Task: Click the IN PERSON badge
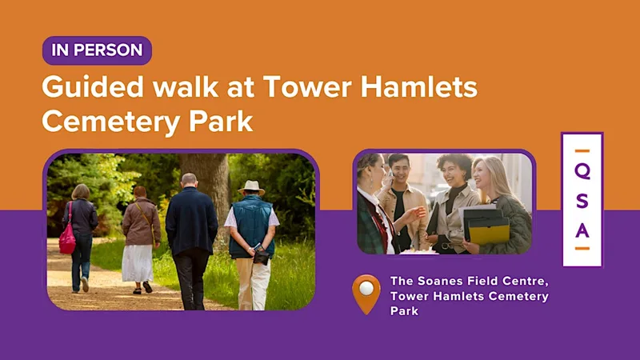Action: point(97,50)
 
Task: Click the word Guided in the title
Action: point(93,87)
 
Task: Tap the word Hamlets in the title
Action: point(419,86)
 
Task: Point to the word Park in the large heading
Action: point(221,121)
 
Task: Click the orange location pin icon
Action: point(366,294)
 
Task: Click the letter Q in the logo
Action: point(582,171)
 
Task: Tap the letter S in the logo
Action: point(582,202)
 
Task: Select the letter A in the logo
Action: point(582,230)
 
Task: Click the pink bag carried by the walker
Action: point(67,239)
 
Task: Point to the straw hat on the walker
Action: point(251,187)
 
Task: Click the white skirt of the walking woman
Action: point(138,263)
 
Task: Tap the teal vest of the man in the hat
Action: point(251,226)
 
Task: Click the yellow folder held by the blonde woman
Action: point(489,232)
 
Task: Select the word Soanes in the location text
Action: point(441,282)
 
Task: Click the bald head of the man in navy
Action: point(189,179)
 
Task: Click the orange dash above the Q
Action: point(582,151)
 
